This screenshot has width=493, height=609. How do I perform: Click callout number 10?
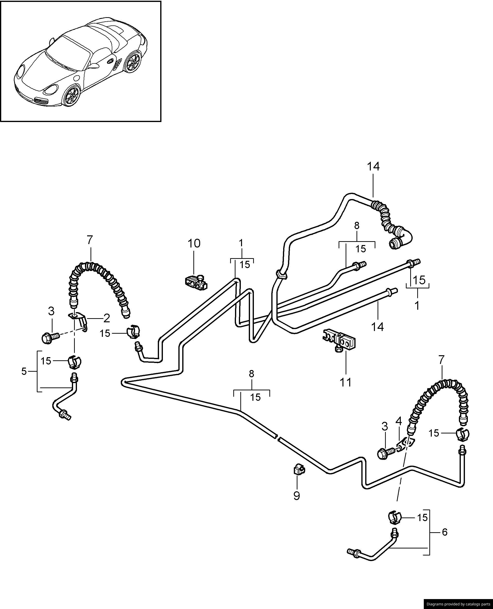click(x=194, y=243)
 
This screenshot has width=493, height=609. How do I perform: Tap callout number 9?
click(x=296, y=496)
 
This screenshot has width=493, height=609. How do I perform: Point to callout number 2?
click(x=106, y=318)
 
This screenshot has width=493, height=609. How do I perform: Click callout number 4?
click(x=399, y=421)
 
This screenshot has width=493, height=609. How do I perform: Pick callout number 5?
click(x=24, y=371)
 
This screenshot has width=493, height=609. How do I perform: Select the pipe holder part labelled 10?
click(x=196, y=283)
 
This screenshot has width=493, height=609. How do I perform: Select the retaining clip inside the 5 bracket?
click(x=74, y=362)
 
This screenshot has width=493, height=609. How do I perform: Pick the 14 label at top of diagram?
click(x=373, y=167)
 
